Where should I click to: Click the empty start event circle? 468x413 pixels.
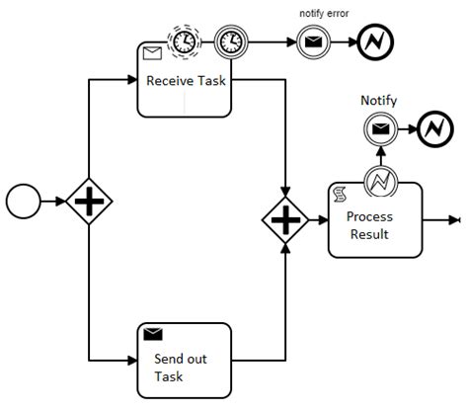pos(22,202)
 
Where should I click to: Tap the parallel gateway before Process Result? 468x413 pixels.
pos(284,219)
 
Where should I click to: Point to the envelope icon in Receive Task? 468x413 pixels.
pos(152,54)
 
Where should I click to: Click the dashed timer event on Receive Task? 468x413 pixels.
pos(185,41)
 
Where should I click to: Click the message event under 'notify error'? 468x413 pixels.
pos(310,42)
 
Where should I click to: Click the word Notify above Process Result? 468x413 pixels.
pos(378,100)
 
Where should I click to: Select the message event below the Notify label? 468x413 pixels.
pos(379,128)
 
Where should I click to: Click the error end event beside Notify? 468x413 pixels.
pos(433,128)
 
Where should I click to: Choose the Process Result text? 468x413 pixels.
pos(369,225)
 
